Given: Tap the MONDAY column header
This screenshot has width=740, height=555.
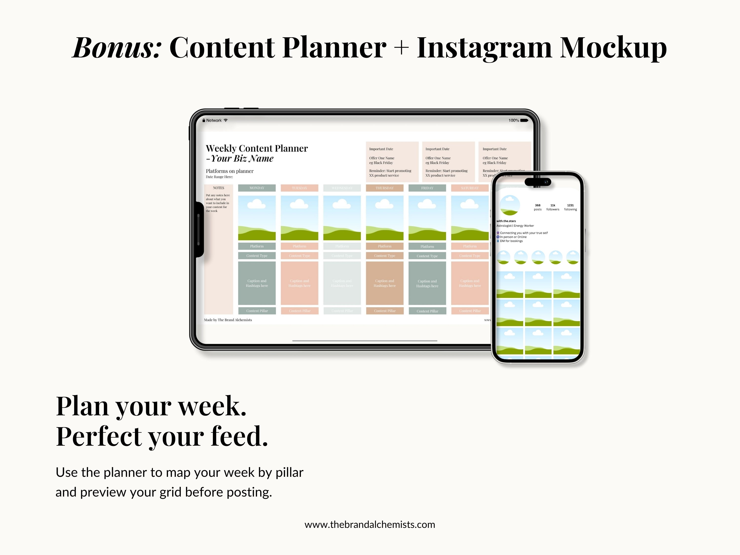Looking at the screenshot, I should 257,188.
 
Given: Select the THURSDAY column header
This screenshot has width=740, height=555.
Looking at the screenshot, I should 384,188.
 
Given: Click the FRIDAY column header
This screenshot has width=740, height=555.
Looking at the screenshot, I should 427,188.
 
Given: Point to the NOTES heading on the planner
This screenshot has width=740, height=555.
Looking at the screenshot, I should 219,188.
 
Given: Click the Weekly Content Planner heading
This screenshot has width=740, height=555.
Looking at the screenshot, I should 257,148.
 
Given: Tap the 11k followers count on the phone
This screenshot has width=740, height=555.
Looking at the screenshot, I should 553,207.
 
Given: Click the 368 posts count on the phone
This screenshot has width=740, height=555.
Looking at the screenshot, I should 537,207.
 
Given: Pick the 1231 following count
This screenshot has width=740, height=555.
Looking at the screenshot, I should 570,207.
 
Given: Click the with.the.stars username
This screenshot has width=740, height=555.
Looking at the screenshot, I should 506,221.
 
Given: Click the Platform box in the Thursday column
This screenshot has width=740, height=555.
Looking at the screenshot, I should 384,246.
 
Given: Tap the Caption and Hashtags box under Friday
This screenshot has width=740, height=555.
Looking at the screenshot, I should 427,283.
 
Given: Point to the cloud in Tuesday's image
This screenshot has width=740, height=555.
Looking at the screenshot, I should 299,204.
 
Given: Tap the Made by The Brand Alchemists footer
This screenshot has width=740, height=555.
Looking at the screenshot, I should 228,320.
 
